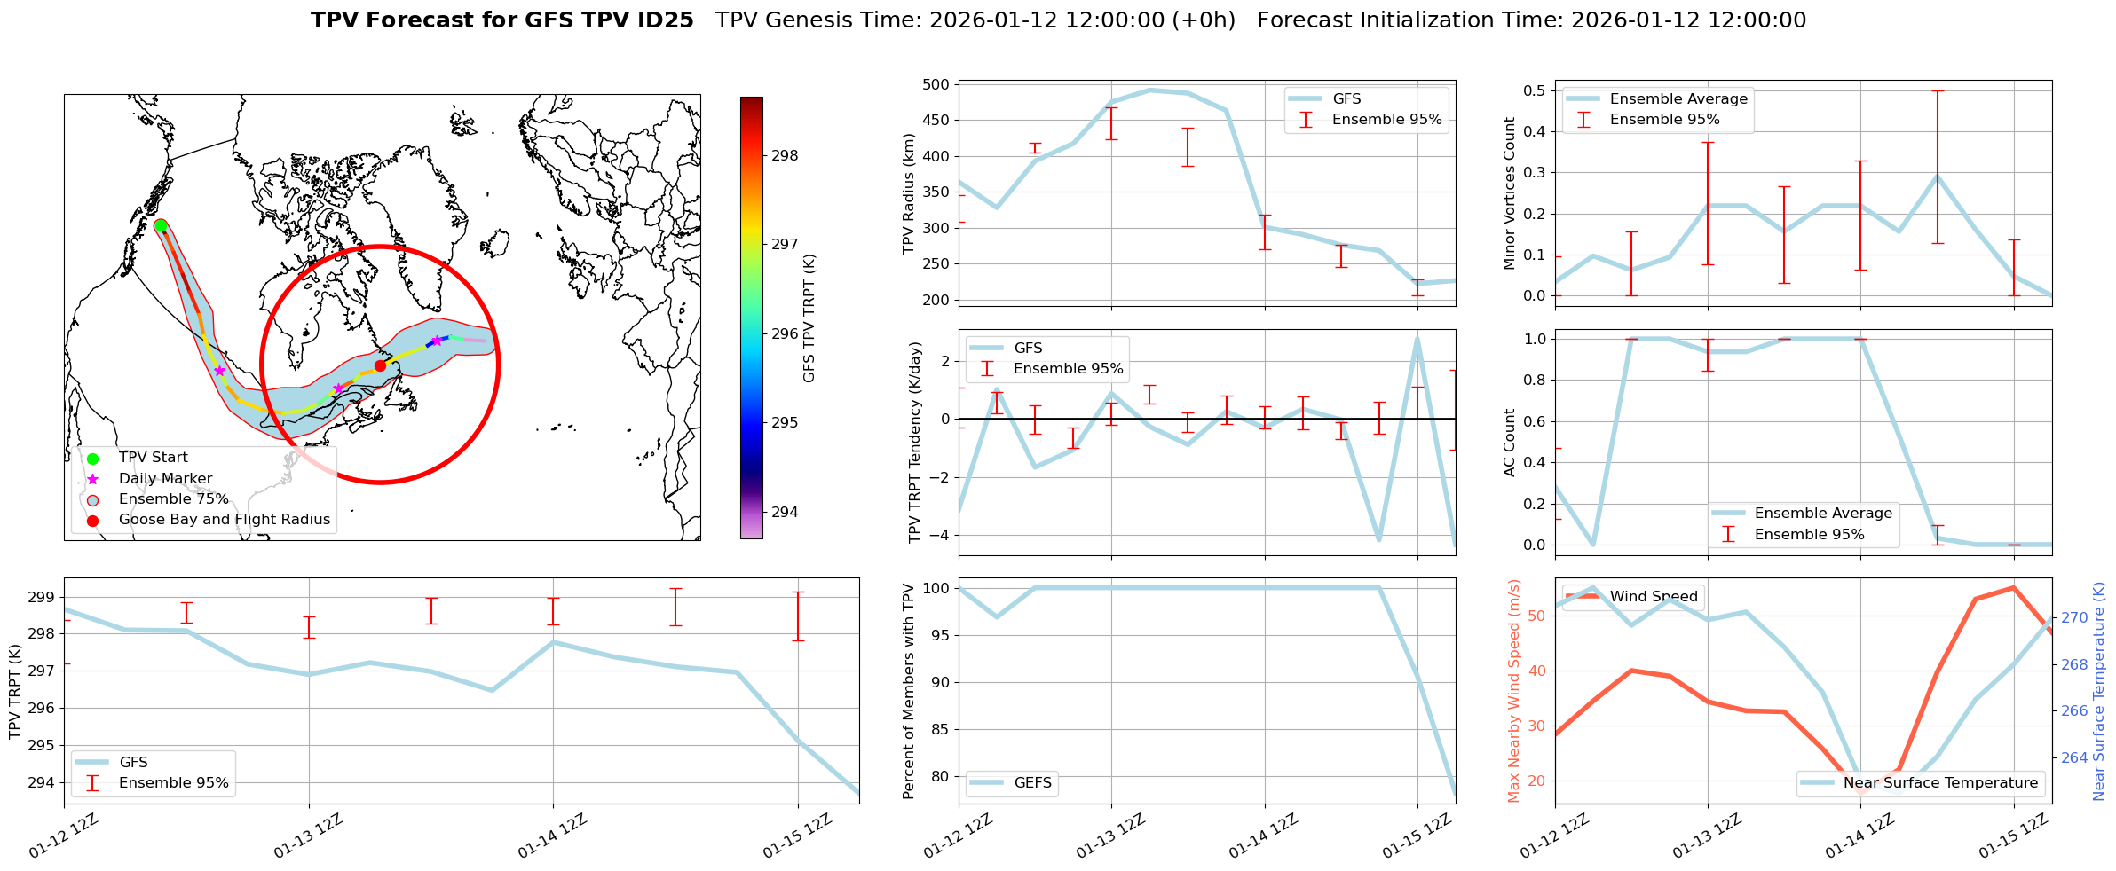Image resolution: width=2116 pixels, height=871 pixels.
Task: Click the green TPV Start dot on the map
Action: click(161, 226)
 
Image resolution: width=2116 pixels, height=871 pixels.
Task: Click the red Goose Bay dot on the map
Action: click(380, 365)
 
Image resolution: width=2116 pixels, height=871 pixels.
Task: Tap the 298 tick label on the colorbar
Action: click(785, 156)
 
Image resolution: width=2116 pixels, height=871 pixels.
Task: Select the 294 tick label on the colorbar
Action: click(785, 512)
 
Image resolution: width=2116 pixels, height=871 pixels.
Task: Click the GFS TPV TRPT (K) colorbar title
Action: click(809, 318)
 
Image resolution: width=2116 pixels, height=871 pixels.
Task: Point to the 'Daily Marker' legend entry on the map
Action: click(165, 479)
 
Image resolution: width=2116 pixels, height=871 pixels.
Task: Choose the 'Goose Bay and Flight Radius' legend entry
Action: click(224, 520)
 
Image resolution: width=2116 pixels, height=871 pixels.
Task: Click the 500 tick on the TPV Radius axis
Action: click(937, 85)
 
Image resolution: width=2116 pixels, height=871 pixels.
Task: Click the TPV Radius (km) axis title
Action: click(908, 193)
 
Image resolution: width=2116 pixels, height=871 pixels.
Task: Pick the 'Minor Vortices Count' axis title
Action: click(1510, 193)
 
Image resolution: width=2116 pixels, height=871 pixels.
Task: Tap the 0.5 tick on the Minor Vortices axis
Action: click(1535, 90)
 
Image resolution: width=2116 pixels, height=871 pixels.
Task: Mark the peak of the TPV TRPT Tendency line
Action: click(1417, 338)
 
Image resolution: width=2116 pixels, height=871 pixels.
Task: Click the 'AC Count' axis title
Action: click(1510, 443)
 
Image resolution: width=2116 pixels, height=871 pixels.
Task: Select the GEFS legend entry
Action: click(1032, 783)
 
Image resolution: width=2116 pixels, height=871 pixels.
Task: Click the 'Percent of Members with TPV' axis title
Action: click(908, 691)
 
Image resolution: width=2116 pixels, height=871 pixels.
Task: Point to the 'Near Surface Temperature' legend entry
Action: click(1940, 783)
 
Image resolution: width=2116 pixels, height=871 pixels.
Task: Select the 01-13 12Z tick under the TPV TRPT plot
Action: click(308, 836)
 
